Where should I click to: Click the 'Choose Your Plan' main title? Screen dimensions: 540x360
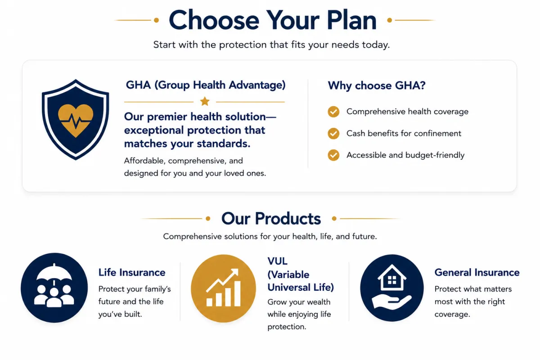coord(273,20)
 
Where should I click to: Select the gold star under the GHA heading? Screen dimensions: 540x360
coord(205,102)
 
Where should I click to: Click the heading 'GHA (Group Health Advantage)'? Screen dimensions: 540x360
coord(206,85)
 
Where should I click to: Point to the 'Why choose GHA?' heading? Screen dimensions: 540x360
coord(377,85)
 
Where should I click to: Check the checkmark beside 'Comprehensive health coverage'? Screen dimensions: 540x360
coord(333,112)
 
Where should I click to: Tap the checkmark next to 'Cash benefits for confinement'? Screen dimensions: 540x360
coord(333,133)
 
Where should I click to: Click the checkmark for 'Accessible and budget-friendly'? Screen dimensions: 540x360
coord(333,155)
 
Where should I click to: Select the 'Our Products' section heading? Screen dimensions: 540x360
coord(271,219)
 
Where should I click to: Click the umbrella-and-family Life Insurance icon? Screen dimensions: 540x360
coord(54,288)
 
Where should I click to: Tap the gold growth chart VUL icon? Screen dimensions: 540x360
coord(223,288)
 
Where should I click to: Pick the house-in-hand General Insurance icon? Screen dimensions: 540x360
coord(392,288)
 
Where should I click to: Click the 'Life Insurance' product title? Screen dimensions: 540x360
coord(132,272)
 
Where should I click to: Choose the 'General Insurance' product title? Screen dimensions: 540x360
coord(477,272)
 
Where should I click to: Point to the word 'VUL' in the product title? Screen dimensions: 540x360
coord(278,261)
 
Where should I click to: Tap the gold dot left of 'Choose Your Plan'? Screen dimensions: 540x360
coord(156,20)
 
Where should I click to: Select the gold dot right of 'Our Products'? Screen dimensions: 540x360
coord(334,218)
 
